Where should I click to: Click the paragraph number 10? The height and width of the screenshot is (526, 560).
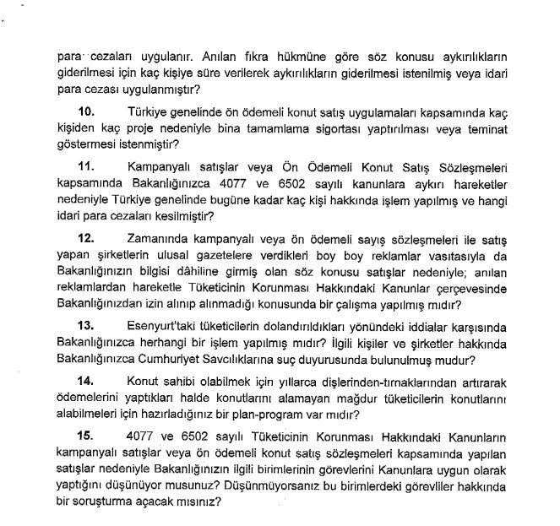[x=87, y=113]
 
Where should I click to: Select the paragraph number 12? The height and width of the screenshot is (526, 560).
[x=87, y=240]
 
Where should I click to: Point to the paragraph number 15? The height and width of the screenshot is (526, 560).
[x=87, y=437]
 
